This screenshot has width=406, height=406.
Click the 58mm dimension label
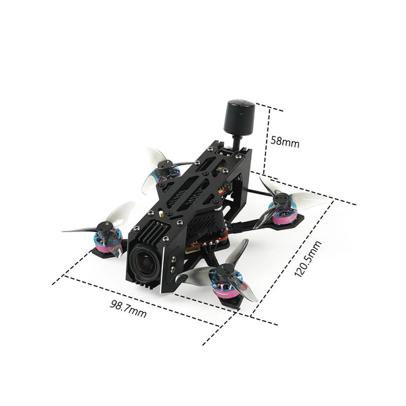[x=284, y=141]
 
